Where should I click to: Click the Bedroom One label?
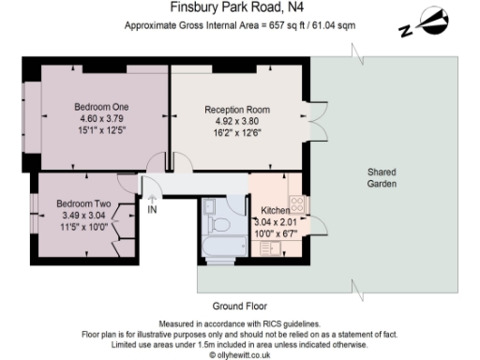click(x=102, y=107)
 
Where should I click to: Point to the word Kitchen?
click(x=275, y=210)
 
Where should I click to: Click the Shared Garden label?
click(x=382, y=178)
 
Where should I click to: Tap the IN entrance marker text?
click(x=152, y=208)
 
